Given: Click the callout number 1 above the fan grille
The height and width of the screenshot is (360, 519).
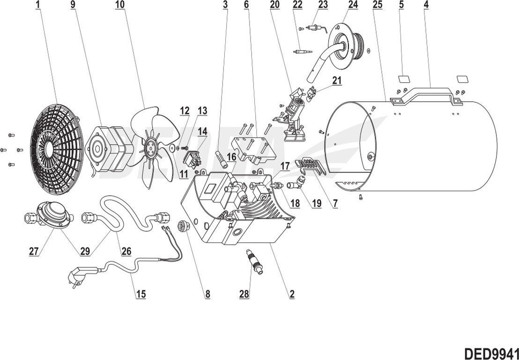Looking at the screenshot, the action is point(38,5).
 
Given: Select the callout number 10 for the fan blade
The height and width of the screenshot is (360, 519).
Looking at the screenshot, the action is point(120,5).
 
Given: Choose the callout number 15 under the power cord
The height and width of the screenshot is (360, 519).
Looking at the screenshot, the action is point(141,294).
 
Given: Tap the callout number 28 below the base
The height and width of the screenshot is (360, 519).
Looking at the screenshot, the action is point(244,294).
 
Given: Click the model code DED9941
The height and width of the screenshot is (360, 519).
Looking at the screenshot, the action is point(491,353).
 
